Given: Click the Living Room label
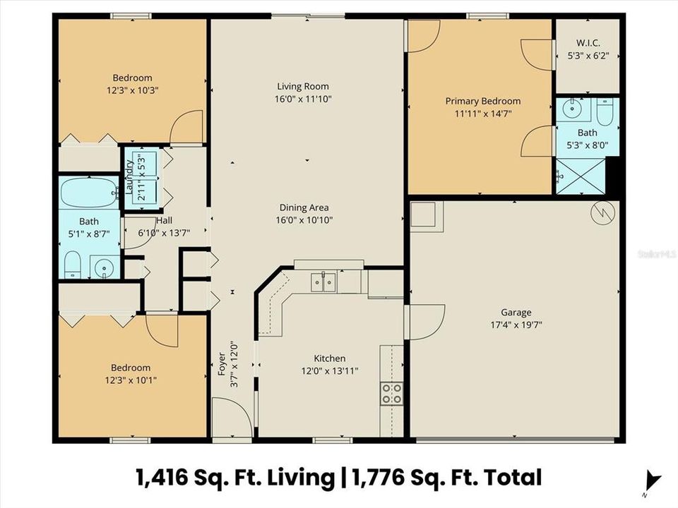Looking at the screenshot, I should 304,86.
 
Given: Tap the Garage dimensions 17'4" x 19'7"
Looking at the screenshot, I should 516,325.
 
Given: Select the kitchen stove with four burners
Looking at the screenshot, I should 392,393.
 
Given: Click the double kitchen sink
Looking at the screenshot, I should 324,282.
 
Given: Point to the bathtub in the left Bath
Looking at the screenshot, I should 89,192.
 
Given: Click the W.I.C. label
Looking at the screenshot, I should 587,42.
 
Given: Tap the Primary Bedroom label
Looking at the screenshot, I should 482,101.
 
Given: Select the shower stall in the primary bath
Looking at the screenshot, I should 581,176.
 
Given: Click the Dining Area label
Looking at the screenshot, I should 304,207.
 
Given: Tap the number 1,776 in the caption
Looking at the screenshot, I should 381,477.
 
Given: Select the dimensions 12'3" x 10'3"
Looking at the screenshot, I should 132,91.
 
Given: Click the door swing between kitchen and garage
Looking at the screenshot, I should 426,321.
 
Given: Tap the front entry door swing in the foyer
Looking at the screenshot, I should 231,416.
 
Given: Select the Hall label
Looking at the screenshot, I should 164,220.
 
